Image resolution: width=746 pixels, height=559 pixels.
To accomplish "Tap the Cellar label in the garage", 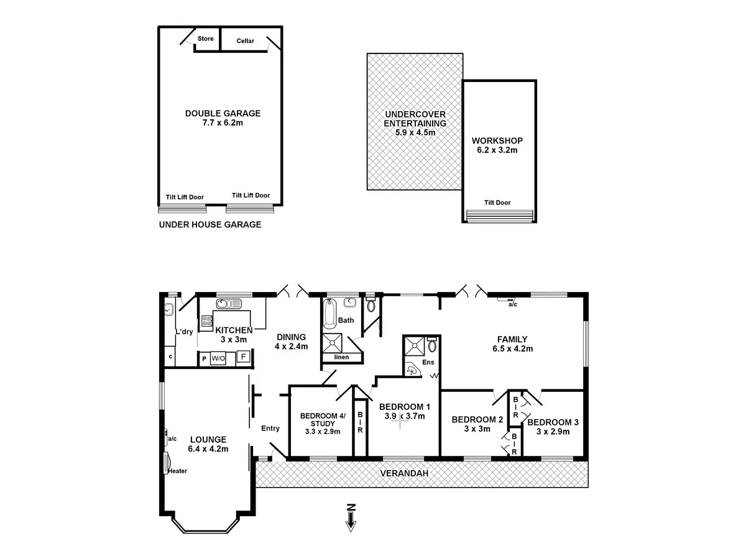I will point(246,41).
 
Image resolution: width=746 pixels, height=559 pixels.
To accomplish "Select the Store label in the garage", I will point(205,39).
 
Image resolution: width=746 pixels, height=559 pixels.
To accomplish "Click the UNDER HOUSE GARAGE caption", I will point(210,225).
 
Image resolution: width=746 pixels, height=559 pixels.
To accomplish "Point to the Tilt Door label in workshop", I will point(497,202).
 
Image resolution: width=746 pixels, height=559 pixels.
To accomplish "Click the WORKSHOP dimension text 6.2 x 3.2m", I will point(497,150).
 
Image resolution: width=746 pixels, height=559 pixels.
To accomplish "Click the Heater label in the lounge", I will point(178,471).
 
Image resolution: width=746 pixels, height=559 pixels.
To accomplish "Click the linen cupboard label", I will point(341,357).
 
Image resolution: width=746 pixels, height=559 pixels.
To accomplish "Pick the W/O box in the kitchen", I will point(218,359).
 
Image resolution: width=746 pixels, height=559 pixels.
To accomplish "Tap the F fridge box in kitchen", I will point(244,358).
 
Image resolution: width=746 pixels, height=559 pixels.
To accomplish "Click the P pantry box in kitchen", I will point(203,359).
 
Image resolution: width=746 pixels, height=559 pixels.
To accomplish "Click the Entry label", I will point(270,428).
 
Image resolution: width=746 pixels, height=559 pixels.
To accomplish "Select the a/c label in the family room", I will point(512,304).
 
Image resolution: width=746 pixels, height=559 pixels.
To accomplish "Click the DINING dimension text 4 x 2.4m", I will point(292,347).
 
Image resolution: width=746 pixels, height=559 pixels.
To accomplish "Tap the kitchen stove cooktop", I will point(206,321).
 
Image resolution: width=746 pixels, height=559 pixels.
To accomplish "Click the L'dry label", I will point(184,332).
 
